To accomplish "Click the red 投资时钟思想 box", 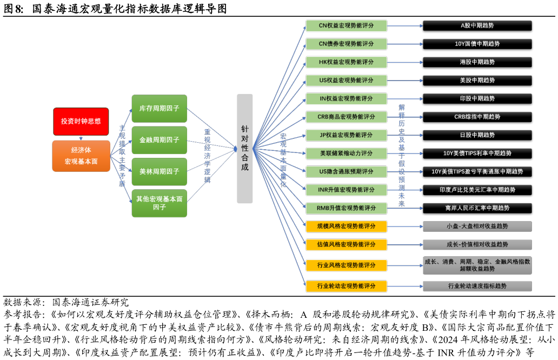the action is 81,121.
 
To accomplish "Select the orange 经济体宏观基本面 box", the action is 81,156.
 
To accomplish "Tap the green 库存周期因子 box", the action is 159,109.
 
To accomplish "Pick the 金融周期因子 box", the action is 159,140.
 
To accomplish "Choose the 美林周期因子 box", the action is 159,171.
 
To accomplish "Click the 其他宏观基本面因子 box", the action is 159,203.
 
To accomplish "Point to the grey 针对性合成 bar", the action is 245,149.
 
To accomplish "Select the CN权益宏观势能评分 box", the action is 346,25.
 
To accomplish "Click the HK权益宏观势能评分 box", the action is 346,62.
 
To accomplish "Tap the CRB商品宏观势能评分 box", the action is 346,117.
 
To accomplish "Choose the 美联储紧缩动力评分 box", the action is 346,154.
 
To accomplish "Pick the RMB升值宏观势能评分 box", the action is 346,208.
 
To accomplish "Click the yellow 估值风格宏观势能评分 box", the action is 346,244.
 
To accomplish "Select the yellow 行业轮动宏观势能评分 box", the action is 346,286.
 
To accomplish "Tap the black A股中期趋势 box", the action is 477,25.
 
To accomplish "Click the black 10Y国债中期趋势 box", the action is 477,44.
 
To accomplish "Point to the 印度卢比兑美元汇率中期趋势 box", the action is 477,190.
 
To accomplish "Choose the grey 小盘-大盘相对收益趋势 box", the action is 477,226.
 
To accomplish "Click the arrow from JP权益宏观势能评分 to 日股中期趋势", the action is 405,135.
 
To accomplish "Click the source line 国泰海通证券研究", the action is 90,302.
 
